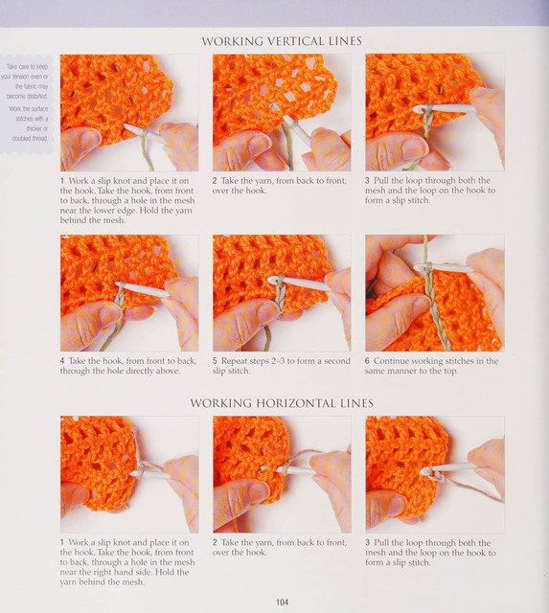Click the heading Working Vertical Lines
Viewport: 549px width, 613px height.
pyautogui.click(x=282, y=41)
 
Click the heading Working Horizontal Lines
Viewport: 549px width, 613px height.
pyautogui.click(x=282, y=403)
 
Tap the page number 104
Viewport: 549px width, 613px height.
pyautogui.click(x=282, y=602)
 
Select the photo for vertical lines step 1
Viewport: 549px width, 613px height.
pyautogui.click(x=129, y=113)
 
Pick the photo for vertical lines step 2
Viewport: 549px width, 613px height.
pyautogui.click(x=282, y=113)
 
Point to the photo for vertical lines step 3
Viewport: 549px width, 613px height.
pyautogui.click(x=435, y=113)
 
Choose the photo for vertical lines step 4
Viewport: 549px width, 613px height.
pyautogui.click(x=129, y=293)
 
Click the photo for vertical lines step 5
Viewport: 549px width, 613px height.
pyautogui.click(x=282, y=293)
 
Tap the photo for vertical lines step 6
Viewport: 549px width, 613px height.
pyautogui.click(x=435, y=293)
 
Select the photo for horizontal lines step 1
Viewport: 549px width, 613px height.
pyautogui.click(x=129, y=474)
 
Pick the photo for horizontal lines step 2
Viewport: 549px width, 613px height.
pyautogui.click(x=282, y=474)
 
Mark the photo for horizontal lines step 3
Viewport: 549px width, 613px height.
pyautogui.click(x=435, y=475)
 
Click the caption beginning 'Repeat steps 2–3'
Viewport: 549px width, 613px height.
pyautogui.click(x=281, y=366)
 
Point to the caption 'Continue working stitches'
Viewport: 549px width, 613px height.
pyautogui.click(x=432, y=366)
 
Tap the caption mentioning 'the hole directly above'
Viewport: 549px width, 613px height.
pyautogui.click(x=128, y=366)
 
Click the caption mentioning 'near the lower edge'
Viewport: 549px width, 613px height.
pyautogui.click(x=127, y=200)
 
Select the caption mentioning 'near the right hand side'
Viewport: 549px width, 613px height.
pyautogui.click(x=127, y=562)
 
